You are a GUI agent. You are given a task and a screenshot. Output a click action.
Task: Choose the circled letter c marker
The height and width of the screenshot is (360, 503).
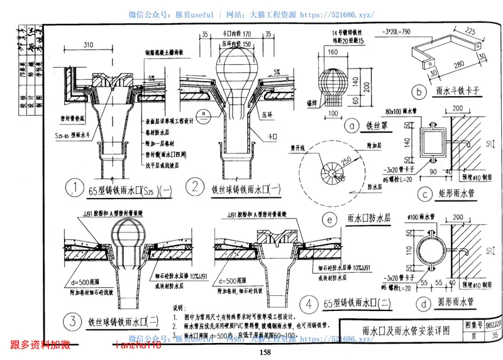point(425,194)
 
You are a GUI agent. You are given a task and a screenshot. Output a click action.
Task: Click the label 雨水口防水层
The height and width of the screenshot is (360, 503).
point(368,219)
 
